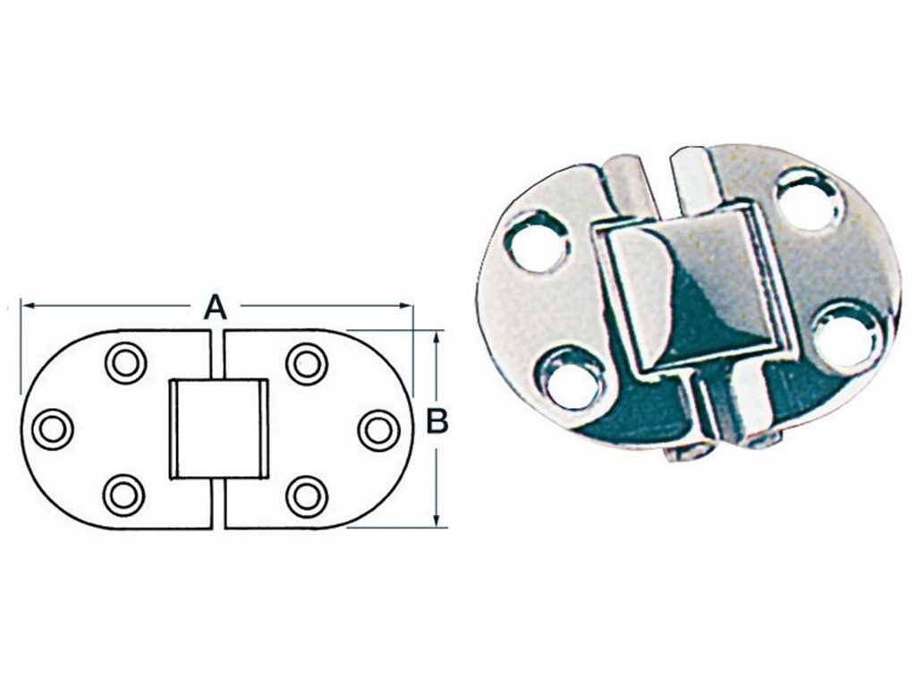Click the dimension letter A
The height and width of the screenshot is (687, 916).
pos(215,308)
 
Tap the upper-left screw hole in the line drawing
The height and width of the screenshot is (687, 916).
pos(125,363)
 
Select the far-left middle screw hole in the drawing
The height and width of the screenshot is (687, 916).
pos(53,429)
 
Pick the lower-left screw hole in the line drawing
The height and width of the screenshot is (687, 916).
pos(123,496)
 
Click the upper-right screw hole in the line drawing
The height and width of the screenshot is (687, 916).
pos(307,365)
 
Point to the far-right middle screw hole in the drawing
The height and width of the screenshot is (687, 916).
pos(379,431)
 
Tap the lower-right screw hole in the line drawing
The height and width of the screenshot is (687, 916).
pos(307,497)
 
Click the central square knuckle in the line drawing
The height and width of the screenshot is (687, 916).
pos(218,429)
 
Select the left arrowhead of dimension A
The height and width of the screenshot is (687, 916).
pos(27,305)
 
